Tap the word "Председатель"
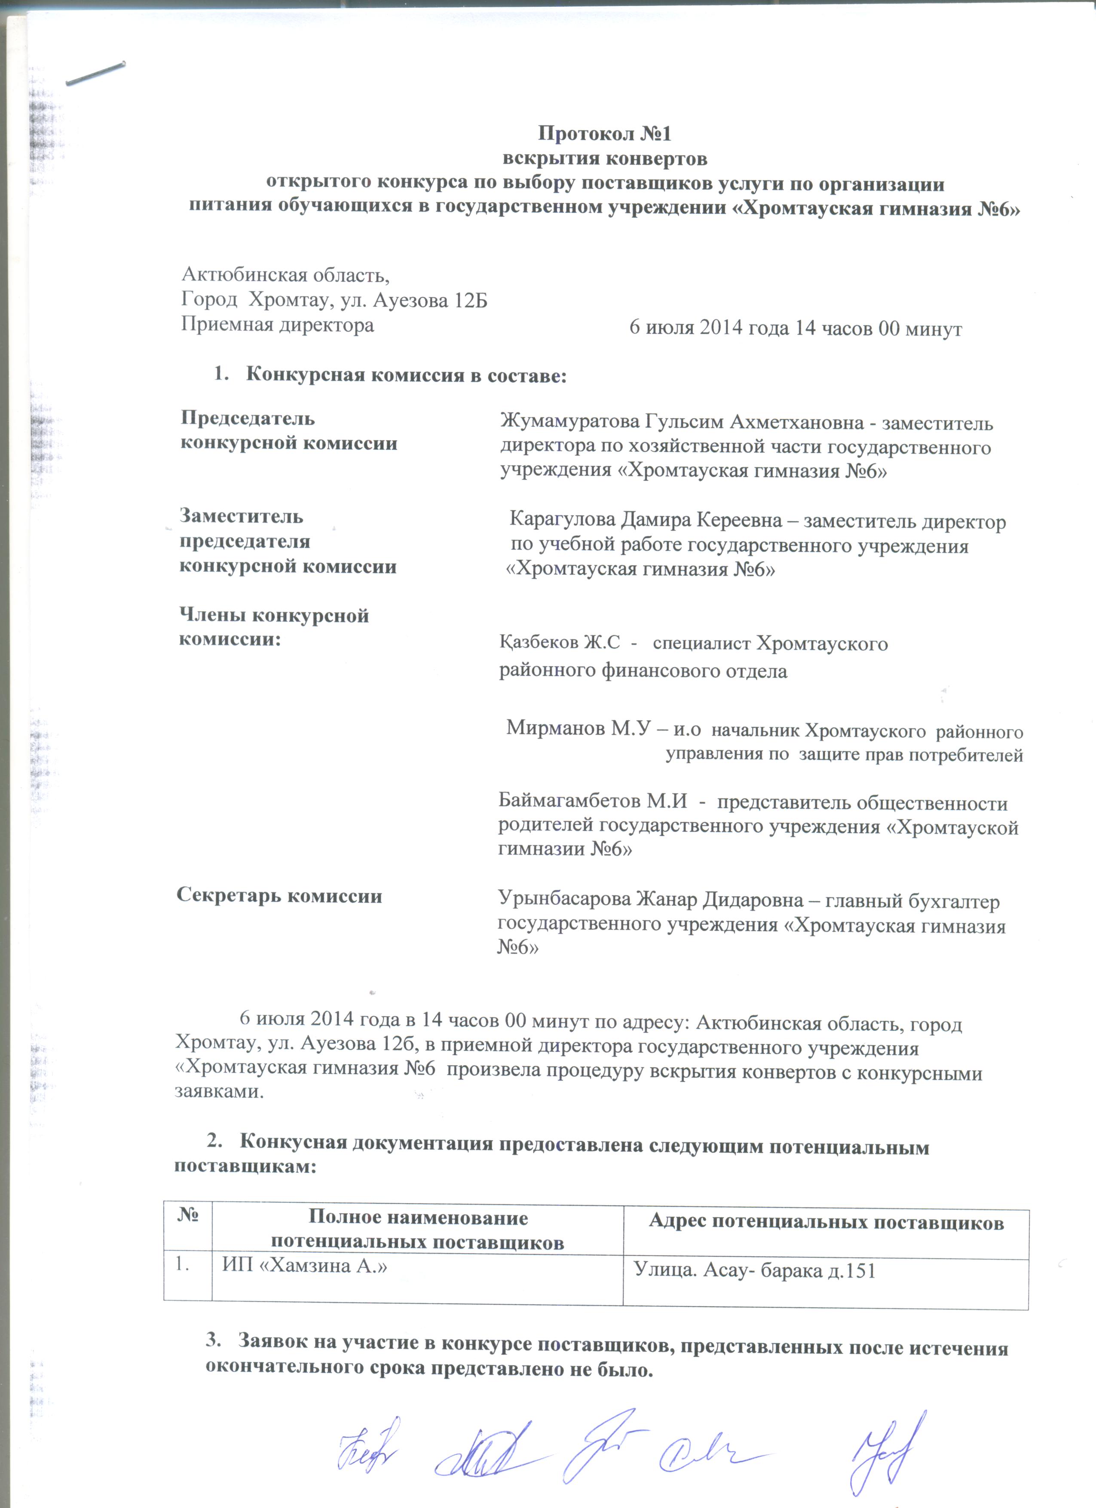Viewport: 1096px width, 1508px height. click(248, 419)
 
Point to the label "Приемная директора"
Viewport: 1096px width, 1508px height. click(277, 325)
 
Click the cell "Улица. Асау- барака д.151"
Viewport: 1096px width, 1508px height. click(753, 1271)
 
